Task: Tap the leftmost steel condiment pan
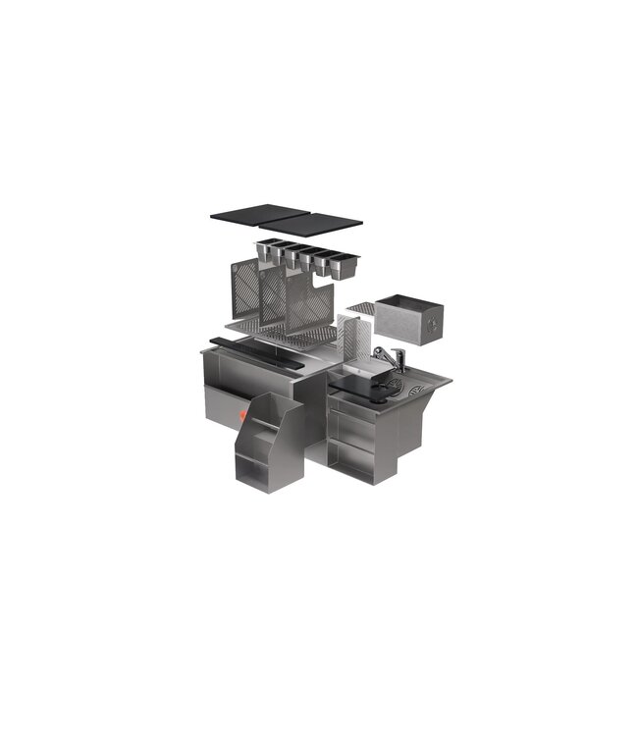[266, 250]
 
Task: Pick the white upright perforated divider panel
[352, 339]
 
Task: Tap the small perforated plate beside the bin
[362, 306]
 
